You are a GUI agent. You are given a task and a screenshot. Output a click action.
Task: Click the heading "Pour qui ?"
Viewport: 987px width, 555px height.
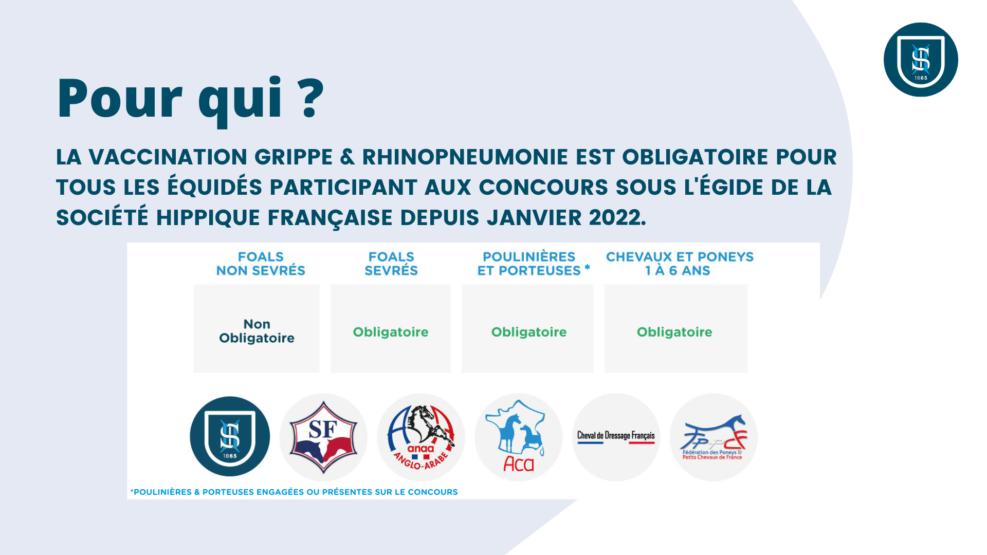click(191, 100)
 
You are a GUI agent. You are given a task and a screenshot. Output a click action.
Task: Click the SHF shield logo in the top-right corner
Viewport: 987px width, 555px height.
click(921, 60)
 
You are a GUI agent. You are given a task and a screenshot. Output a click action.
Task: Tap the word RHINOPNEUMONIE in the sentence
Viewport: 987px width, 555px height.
click(465, 157)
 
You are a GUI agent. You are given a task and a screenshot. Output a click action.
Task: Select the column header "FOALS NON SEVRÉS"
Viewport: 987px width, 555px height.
click(261, 264)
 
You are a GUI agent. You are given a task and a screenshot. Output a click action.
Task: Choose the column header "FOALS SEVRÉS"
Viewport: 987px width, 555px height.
click(391, 264)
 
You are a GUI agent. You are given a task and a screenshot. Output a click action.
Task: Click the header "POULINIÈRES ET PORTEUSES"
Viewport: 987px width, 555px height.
click(529, 264)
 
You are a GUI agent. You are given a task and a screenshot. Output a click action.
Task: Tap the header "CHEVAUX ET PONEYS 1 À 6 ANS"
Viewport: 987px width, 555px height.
click(680, 264)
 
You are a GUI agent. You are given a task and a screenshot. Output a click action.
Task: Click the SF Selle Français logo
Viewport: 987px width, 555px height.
click(323, 437)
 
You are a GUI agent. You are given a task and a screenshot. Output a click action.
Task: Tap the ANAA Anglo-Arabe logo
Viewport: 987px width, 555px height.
click(421, 437)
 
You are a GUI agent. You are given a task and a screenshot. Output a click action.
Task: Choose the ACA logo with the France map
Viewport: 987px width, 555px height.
click(519, 437)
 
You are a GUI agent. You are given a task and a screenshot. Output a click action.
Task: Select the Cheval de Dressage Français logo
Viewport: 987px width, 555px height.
click(616, 437)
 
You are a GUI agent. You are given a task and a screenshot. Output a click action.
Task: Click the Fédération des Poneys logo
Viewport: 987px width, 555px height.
click(714, 437)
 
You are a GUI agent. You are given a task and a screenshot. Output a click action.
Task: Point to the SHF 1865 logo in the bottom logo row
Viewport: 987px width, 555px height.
click(230, 436)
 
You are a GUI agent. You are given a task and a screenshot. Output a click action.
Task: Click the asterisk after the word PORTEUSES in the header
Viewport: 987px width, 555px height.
click(587, 267)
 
